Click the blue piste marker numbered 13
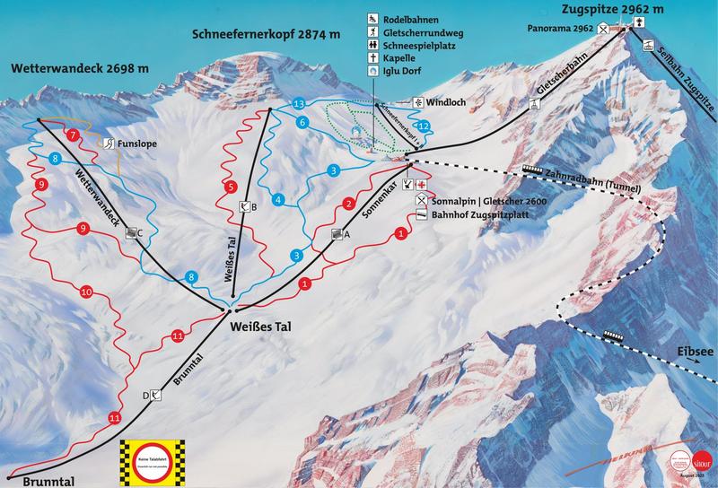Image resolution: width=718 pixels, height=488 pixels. [x=298, y=104]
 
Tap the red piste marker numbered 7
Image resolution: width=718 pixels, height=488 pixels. [x=73, y=135]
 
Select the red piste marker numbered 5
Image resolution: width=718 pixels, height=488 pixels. [x=232, y=187]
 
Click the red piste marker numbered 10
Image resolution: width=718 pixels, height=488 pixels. [x=86, y=292]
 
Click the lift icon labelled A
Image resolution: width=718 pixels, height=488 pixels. [x=337, y=234]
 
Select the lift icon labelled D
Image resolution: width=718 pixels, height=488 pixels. [x=155, y=395]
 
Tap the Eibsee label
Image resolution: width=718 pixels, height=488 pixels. [x=694, y=353]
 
